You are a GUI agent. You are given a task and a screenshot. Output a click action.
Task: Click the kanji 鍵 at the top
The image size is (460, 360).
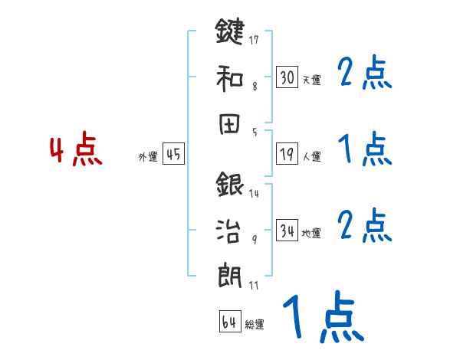click(x=230, y=32)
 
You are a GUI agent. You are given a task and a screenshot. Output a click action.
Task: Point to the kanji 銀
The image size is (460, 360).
click(x=230, y=185)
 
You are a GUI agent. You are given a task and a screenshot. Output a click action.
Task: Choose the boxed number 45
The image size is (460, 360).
click(x=173, y=154)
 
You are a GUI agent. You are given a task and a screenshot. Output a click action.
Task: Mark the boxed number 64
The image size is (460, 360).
click(x=229, y=322)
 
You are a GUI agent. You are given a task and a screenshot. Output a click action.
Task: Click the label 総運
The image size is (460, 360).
click(x=255, y=325)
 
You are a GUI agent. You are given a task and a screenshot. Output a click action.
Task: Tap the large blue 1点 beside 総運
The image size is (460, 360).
click(x=322, y=316)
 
